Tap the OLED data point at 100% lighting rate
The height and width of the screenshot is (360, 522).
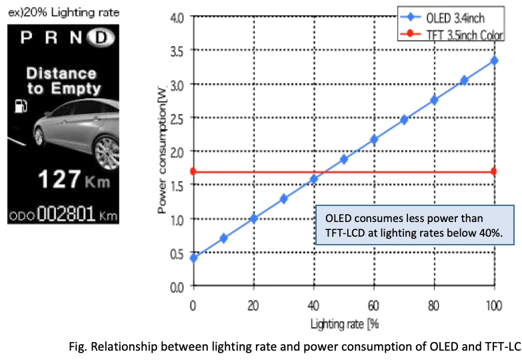click(x=494, y=61)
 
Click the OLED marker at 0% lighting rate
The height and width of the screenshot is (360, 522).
click(x=193, y=258)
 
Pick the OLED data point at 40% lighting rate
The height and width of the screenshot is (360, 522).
click(x=313, y=179)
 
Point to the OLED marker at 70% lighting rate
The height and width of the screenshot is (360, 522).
click(x=404, y=120)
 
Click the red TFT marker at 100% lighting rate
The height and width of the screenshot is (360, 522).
click(x=494, y=171)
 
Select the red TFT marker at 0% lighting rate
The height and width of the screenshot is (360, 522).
click(x=193, y=171)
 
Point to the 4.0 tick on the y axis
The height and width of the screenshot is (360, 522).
click(x=177, y=17)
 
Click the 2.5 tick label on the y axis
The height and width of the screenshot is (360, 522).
click(x=177, y=118)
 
